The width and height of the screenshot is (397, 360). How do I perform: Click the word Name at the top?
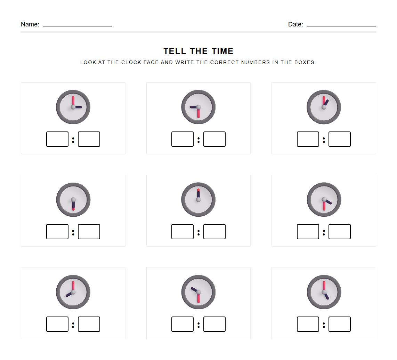tap(30, 24)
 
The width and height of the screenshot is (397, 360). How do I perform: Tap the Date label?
tap(295, 24)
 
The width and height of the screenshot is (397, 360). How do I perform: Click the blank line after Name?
tap(77, 25)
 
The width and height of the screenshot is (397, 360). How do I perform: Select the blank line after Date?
tap(341, 25)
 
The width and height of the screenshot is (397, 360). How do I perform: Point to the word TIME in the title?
tap(222, 51)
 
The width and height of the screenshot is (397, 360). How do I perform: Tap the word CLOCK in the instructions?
tap(131, 63)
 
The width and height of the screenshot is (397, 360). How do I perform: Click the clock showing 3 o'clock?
tap(73, 107)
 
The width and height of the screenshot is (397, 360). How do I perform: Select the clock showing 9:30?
tap(198, 107)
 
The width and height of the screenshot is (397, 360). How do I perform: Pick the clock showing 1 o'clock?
tap(324, 107)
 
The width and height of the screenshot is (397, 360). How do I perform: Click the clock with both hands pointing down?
tap(73, 200)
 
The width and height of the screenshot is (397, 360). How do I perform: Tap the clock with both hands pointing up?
tap(198, 200)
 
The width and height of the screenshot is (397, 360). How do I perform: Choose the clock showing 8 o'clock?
tap(73, 292)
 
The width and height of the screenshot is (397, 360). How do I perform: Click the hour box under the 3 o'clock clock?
tap(57, 139)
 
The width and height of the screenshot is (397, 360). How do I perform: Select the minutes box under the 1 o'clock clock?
tap(339, 139)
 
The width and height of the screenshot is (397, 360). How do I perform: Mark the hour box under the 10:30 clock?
tap(183, 324)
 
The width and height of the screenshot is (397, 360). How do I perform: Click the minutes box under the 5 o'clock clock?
tap(339, 324)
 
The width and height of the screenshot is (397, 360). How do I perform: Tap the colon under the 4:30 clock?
tap(324, 232)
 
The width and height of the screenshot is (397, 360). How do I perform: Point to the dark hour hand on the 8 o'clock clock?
tap(69, 294)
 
